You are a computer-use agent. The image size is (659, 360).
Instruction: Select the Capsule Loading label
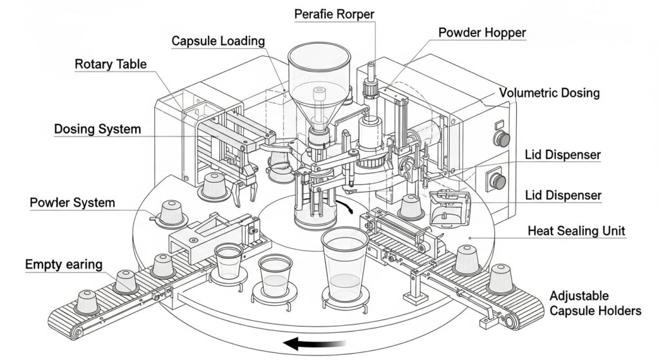click(218, 41)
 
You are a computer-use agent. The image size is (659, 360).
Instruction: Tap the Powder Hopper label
click(481, 33)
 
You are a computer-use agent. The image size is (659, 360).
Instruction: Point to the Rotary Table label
click(111, 64)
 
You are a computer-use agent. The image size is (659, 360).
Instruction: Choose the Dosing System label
click(97, 129)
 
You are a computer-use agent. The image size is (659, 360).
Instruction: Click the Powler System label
click(73, 203)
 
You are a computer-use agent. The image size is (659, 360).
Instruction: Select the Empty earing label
click(62, 264)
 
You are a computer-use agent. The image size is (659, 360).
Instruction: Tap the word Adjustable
click(579, 296)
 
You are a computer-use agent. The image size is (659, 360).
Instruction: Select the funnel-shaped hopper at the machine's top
click(319, 71)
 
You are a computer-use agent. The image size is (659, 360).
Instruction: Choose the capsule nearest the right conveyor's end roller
click(502, 278)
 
